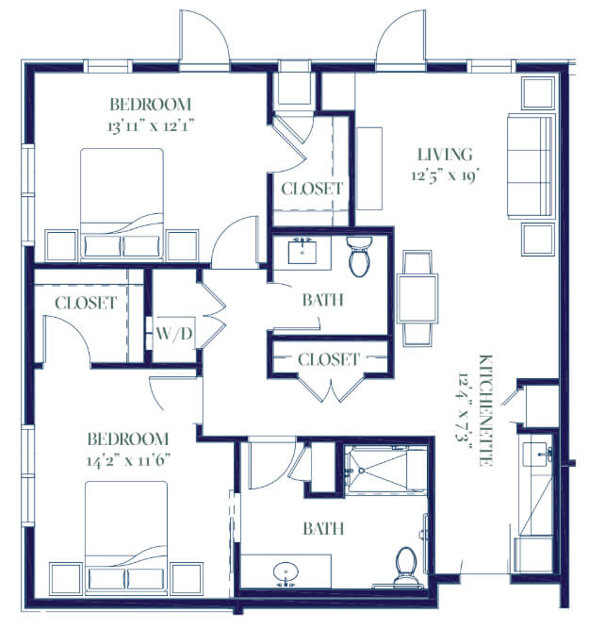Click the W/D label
[174, 333]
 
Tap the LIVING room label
[445, 155]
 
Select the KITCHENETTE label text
[485, 410]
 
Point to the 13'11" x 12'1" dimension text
[151, 126]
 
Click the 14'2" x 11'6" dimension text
[129, 460]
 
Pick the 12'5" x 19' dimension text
[446, 175]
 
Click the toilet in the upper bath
[359, 256]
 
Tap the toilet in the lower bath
[406, 566]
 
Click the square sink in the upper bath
[303, 252]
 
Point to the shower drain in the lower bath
[361, 471]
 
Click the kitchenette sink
[535, 455]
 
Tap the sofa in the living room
[532, 166]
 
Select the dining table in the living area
[417, 298]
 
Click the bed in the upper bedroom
[122, 203]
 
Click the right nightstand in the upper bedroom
[183, 245]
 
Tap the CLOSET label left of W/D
[86, 304]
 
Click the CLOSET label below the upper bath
[328, 359]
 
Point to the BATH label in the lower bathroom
[323, 529]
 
